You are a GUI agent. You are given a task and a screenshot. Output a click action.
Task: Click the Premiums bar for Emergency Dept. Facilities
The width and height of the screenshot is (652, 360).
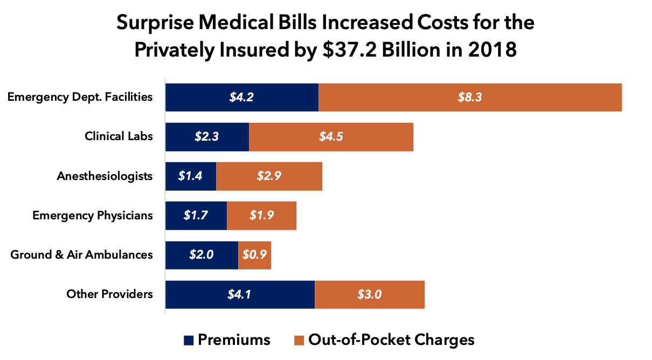click(241, 98)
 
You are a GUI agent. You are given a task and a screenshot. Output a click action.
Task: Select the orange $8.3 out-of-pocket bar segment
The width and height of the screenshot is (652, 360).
click(470, 98)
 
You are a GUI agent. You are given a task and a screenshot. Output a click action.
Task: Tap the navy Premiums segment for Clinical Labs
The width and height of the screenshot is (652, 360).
click(207, 137)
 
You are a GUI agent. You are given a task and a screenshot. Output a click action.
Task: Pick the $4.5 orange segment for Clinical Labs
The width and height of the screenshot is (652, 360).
click(331, 137)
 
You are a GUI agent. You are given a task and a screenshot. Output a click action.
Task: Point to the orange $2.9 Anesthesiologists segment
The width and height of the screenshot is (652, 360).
click(269, 176)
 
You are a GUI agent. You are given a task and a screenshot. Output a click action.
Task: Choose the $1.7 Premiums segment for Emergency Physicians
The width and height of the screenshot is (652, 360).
click(196, 216)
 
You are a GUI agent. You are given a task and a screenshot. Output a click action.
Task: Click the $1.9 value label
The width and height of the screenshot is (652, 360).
click(262, 216)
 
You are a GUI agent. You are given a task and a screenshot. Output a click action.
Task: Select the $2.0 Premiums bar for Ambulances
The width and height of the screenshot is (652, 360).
click(202, 255)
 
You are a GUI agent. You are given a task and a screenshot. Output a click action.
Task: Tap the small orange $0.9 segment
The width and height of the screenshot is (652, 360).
click(254, 255)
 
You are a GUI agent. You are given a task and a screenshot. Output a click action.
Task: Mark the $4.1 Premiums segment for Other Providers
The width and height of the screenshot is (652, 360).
click(240, 294)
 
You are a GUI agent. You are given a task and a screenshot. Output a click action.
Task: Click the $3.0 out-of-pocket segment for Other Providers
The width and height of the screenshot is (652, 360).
click(370, 294)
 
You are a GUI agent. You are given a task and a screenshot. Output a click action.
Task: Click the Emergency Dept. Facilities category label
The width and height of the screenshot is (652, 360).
click(80, 97)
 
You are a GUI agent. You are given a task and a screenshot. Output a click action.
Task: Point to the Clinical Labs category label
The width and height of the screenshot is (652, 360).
click(119, 136)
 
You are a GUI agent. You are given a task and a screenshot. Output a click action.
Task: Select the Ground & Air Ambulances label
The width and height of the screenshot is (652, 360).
click(81, 254)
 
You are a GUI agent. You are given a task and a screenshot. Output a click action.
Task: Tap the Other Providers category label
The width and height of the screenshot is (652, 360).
click(109, 294)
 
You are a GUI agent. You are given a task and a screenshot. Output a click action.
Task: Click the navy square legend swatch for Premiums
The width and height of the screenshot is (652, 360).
click(189, 341)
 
